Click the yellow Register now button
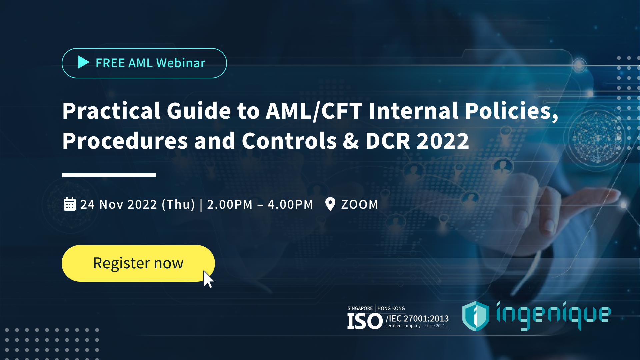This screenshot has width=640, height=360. pyautogui.click(x=138, y=263)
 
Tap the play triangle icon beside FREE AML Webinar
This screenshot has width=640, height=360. pyautogui.click(x=83, y=62)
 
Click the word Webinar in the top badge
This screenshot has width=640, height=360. pyautogui.click(x=181, y=63)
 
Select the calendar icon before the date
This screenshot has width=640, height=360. pyautogui.click(x=70, y=204)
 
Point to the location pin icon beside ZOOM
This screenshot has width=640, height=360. pyautogui.click(x=330, y=204)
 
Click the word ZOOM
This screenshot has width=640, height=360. pyautogui.click(x=360, y=204)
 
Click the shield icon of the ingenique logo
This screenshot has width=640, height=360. pyautogui.click(x=475, y=316)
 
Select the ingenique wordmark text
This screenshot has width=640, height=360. pyautogui.click(x=553, y=315)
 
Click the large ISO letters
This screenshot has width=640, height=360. pyautogui.click(x=365, y=321)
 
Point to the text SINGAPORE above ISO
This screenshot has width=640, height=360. pyautogui.click(x=360, y=308)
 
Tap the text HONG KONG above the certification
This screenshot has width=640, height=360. pyautogui.click(x=391, y=308)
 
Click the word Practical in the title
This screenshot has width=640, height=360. pyautogui.click(x=111, y=111)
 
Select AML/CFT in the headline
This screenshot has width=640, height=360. pyautogui.click(x=314, y=111)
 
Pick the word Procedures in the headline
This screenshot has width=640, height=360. pyautogui.click(x=125, y=141)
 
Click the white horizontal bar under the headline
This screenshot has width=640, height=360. pyautogui.click(x=109, y=175)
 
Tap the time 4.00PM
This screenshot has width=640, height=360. pyautogui.click(x=290, y=204)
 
